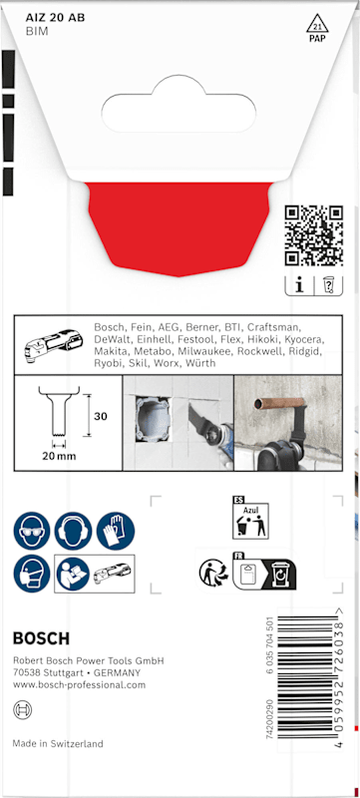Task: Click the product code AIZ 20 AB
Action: coord(56,18)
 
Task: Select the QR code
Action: coord(314,235)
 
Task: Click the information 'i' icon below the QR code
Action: coord(299,286)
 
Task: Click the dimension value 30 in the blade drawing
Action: coord(101,416)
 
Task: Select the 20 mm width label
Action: coord(59,456)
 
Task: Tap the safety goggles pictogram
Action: coord(32,531)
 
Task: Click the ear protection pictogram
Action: coord(74,531)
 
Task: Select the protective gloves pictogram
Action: coord(116,531)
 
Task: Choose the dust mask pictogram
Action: coord(32,574)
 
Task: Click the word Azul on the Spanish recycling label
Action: coord(250,509)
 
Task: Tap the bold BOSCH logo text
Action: coord(41,638)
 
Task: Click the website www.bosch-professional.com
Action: coord(79,684)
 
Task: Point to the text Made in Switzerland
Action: coord(58,743)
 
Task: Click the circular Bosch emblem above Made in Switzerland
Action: coord(22,709)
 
